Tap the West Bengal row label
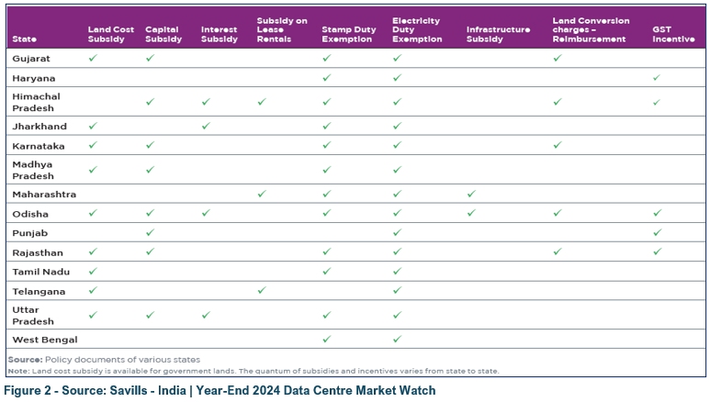(44, 340)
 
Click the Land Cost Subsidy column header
(110, 35)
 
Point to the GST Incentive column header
(673, 35)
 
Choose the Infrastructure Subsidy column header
(498, 35)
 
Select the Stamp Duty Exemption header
(347, 35)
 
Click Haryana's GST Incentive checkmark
(657, 78)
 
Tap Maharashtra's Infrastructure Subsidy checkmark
(471, 194)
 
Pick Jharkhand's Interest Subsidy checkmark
(206, 126)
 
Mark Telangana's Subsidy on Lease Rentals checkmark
(262, 290)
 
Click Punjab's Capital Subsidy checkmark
(150, 232)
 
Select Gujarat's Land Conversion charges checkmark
(558, 58)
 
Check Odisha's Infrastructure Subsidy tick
(471, 213)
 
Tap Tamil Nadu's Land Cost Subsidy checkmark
(93, 271)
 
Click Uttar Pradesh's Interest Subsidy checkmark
(206, 315)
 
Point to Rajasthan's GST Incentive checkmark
(657, 251)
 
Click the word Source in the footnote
(24, 359)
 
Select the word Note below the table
(19, 371)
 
